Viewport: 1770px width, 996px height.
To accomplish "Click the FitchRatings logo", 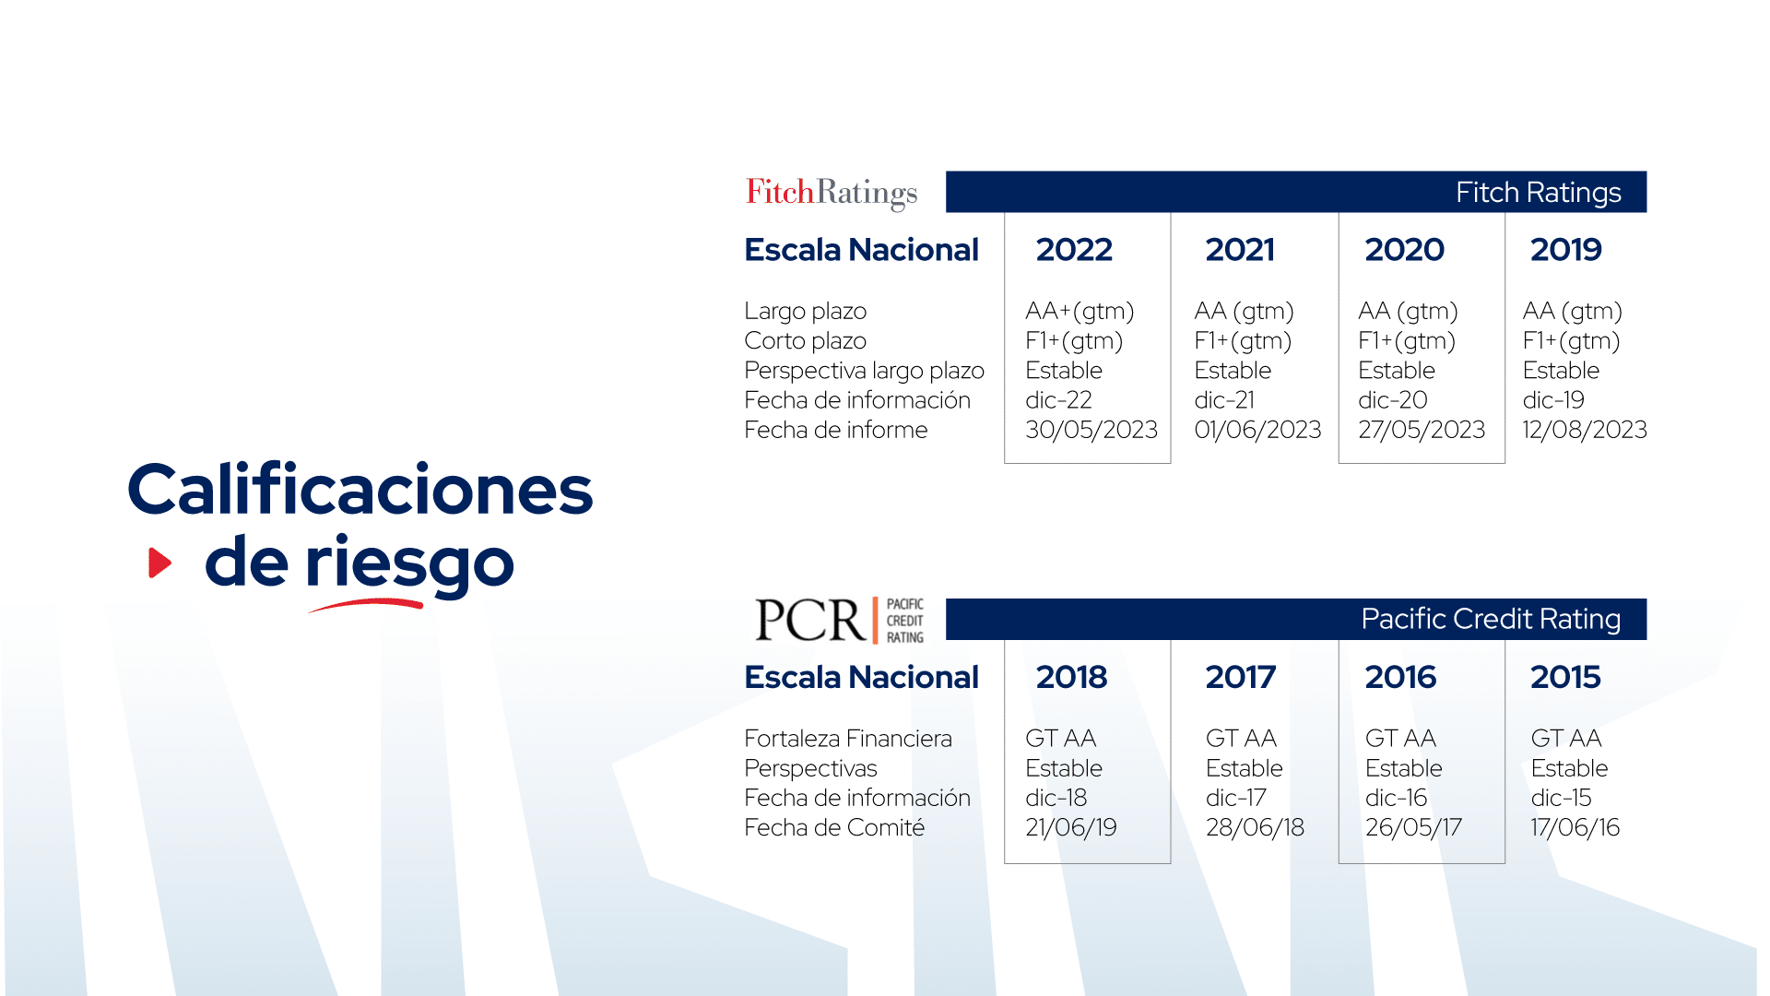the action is pyautogui.click(x=832, y=193).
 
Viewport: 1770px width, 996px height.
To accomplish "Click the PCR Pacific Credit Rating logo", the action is pyautogui.click(x=839, y=620).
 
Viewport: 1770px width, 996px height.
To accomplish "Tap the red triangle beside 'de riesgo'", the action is pyautogui.click(x=160, y=563).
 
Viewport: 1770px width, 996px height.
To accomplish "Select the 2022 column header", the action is pyautogui.click(x=1074, y=249).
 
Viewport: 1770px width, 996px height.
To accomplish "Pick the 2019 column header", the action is pyautogui.click(x=1566, y=249).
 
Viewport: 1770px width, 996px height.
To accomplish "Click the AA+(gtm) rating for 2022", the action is pyautogui.click(x=1080, y=312).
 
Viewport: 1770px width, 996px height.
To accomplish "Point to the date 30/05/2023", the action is pyautogui.click(x=1091, y=430).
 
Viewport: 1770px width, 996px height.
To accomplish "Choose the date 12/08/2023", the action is pyautogui.click(x=1585, y=430).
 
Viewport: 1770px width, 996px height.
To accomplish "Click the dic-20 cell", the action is pyautogui.click(x=1393, y=400).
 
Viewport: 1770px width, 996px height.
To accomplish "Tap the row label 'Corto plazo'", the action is pyautogui.click(x=805, y=341).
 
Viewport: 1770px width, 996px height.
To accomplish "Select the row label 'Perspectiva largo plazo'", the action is pyautogui.click(x=864, y=371).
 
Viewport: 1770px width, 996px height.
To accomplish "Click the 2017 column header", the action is pyautogui.click(x=1241, y=677).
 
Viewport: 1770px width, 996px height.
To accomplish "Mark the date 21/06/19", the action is pyautogui.click(x=1071, y=827).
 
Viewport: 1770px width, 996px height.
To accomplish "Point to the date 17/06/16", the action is pyautogui.click(x=1575, y=827).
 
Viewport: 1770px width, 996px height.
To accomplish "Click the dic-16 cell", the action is pyautogui.click(x=1396, y=798).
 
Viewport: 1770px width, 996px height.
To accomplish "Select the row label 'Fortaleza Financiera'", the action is pyautogui.click(x=848, y=739).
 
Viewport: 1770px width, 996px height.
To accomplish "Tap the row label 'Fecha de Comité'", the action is pyautogui.click(x=834, y=827).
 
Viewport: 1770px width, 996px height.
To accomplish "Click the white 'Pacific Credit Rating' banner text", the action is pyautogui.click(x=1491, y=619).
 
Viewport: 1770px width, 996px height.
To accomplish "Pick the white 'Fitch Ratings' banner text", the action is pyautogui.click(x=1539, y=192).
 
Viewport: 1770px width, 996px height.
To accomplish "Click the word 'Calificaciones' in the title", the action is pyautogui.click(x=360, y=489).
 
